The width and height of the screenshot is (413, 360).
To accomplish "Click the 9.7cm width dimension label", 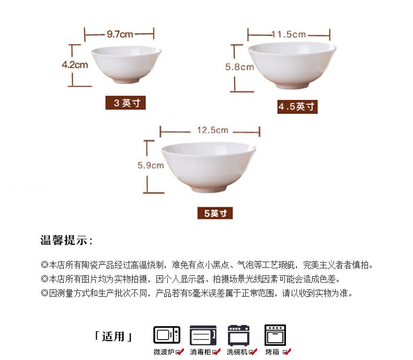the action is (120, 34).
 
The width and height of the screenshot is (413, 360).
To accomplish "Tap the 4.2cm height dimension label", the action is (75, 65).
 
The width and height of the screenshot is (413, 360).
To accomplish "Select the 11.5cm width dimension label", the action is (289, 34).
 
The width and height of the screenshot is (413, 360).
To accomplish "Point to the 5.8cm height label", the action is (239, 67).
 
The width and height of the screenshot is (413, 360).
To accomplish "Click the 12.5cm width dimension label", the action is (213, 130).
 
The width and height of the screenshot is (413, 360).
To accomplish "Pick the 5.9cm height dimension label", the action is (151, 165).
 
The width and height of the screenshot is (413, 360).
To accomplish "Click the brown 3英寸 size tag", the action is (125, 103).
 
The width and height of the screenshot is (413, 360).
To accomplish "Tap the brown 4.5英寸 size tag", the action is (297, 107).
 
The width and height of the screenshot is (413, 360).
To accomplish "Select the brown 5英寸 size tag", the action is (215, 213).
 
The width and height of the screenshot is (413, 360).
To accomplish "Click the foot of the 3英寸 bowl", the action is (126, 80).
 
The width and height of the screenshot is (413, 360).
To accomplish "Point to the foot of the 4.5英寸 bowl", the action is (292, 85).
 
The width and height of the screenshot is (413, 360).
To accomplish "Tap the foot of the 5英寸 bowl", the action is (208, 188).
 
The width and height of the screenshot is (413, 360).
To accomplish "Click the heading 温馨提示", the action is (66, 240).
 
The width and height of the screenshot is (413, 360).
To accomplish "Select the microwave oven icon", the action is (167, 335).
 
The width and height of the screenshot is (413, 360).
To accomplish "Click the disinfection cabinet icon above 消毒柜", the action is (203, 335).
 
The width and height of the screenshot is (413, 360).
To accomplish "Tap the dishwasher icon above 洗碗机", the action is (238, 335).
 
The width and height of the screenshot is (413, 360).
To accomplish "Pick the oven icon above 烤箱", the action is (275, 335).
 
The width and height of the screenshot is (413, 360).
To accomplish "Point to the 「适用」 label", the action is (113, 336).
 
